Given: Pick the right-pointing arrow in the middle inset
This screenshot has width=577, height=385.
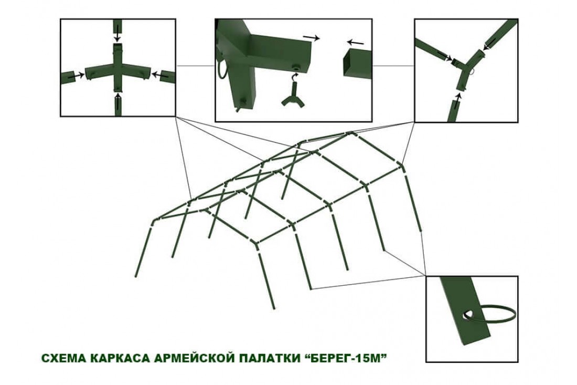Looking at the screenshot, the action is coord(311,38).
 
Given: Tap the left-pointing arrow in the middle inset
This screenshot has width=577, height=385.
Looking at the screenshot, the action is coord(355,43).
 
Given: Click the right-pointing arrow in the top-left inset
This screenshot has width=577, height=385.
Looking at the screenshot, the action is coord(76,76).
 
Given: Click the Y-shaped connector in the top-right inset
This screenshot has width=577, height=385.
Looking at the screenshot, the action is coord(464,68).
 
